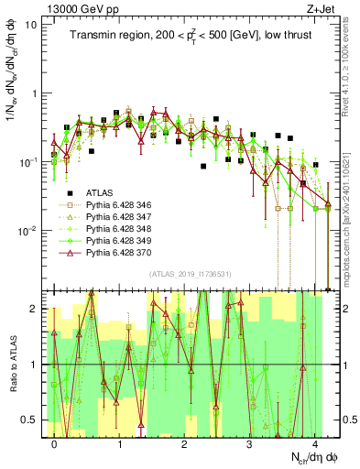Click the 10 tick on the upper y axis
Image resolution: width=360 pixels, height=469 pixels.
31,25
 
